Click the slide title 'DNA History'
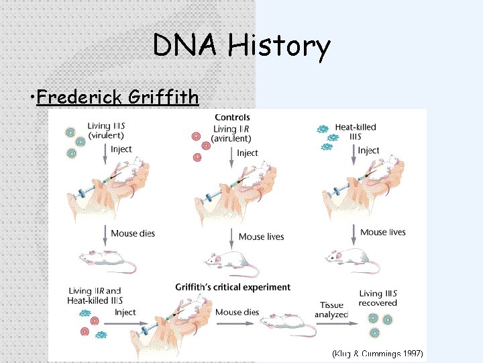click(x=241, y=46)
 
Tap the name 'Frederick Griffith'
click(x=118, y=97)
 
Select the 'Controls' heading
click(x=232, y=118)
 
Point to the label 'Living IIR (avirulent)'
click(x=231, y=134)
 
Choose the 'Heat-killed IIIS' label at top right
click(x=356, y=132)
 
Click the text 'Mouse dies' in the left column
click(x=132, y=234)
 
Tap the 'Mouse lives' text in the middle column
click(x=261, y=237)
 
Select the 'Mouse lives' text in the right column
click(x=383, y=233)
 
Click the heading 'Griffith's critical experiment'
click(x=233, y=287)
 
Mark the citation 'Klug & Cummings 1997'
click(x=378, y=354)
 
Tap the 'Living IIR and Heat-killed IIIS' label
click(x=95, y=296)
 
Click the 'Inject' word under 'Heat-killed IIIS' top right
click(x=368, y=151)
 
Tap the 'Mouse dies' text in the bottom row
click(x=237, y=313)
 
